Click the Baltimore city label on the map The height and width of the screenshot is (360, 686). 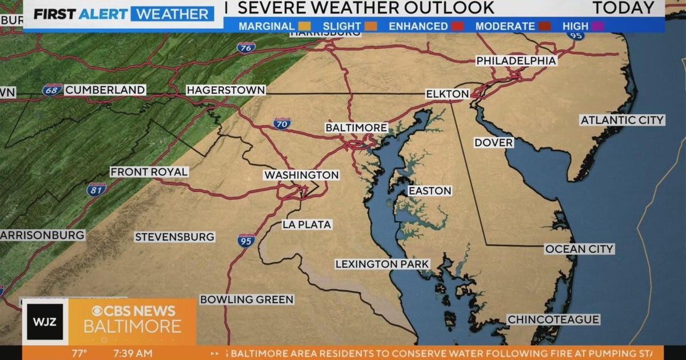[x=356, y=127]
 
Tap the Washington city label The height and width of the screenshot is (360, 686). [x=301, y=175]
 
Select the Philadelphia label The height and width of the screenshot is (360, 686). [x=516, y=61]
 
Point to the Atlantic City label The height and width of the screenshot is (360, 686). [x=622, y=120]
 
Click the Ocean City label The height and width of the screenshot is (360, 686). [x=579, y=249]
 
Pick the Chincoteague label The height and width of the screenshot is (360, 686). [x=553, y=319]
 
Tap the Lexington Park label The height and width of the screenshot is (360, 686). [x=382, y=264]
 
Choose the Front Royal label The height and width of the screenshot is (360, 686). [x=149, y=171]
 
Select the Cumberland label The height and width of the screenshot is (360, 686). [x=105, y=90]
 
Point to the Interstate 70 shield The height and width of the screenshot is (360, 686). [x=281, y=122]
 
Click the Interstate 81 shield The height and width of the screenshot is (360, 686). [x=96, y=189]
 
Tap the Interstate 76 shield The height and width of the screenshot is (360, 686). [x=246, y=47]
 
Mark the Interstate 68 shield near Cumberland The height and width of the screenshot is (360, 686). [x=51, y=90]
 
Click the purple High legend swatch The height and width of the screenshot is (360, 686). [x=597, y=26]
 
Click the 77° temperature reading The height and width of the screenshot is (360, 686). [x=79, y=353]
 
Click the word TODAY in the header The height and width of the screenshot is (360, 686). [x=623, y=8]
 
